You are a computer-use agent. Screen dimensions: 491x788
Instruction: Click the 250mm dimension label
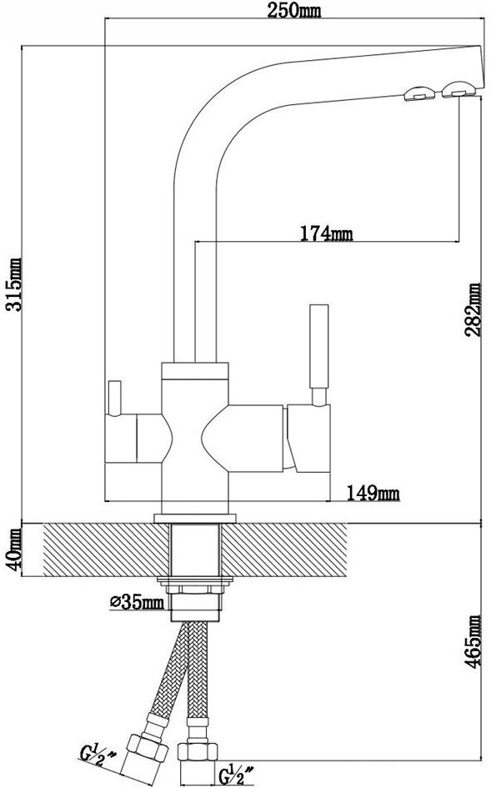point(293,11)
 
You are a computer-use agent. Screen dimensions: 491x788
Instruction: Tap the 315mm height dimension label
point(13,284)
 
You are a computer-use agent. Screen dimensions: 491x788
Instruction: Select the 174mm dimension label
point(326,233)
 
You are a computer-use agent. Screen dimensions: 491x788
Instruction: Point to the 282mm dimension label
point(473,309)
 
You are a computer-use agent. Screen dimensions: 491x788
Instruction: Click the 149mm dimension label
point(373,494)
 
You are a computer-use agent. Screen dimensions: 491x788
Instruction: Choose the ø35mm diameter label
point(137,601)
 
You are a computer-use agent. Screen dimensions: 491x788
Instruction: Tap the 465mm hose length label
point(473,641)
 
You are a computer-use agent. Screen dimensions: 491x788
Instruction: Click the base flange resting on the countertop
point(195,518)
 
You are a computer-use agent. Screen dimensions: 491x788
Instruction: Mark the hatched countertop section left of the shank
point(107,550)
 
